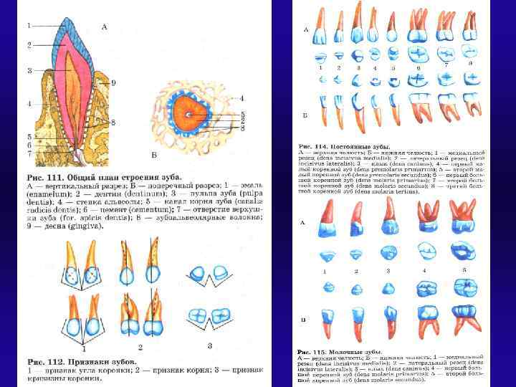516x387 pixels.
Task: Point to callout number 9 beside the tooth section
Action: (113, 83)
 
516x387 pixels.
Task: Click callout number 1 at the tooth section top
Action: (29, 25)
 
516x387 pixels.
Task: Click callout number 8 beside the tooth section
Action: (113, 123)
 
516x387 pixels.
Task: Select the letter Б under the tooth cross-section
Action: (155, 155)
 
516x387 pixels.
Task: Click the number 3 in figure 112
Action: (209, 346)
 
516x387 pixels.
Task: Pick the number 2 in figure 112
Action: (141, 348)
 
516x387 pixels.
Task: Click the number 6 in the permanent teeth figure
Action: (417, 68)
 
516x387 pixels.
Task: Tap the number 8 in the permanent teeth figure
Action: (469, 63)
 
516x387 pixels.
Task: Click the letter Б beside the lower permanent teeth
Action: (306, 115)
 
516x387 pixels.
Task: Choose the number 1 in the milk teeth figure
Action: (325, 272)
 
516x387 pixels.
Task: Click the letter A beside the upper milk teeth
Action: (303, 223)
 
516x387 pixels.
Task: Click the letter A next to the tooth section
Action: (105, 27)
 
